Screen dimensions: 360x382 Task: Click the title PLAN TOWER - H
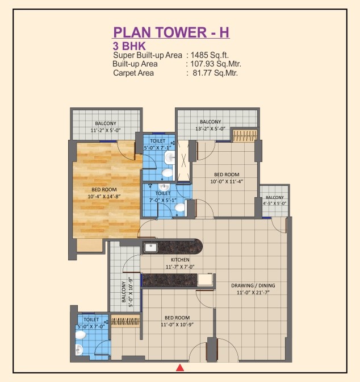[171, 32]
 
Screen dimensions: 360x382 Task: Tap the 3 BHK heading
[129, 46]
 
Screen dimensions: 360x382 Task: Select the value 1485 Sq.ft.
[210, 55]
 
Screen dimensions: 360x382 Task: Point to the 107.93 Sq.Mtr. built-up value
[216, 64]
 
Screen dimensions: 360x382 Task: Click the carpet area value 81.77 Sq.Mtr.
[215, 73]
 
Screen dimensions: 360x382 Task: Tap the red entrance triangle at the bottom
[179, 368]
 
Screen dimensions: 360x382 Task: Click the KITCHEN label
[180, 260]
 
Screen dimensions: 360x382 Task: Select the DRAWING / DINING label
[253, 285]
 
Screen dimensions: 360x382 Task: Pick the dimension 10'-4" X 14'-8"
[104, 196]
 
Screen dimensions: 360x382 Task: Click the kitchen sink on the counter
[150, 248]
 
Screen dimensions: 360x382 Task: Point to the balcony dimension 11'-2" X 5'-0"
[106, 130]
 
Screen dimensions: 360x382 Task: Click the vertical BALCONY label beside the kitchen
[124, 292]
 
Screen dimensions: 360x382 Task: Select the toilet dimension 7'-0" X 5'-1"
[162, 200]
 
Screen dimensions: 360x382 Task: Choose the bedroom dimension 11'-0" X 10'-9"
[177, 325]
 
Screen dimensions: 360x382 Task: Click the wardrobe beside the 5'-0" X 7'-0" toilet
[125, 321]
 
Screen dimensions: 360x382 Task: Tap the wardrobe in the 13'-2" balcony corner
[244, 135]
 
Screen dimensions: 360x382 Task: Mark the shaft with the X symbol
[183, 160]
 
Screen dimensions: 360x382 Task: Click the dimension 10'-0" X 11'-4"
[227, 181]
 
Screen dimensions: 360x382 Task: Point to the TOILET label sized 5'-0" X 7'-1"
[157, 141]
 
